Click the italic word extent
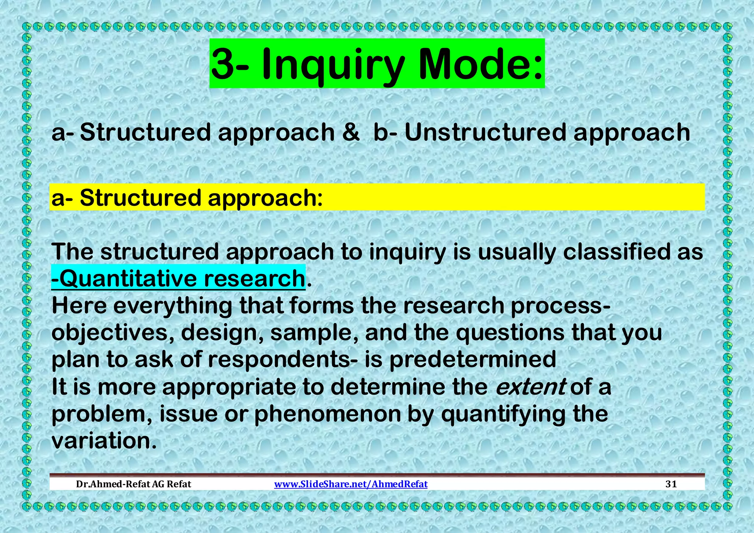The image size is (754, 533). point(531,387)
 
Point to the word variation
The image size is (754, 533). point(101,441)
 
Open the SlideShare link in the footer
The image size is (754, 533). point(351,484)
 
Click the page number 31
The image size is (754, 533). point(671,484)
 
